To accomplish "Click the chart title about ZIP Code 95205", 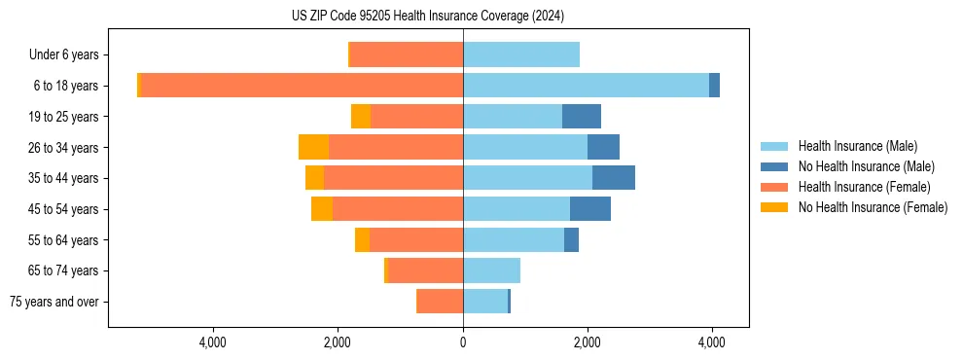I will (x=427, y=17).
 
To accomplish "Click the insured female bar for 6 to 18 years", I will (x=302, y=86).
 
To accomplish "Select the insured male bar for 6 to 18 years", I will (x=586, y=86).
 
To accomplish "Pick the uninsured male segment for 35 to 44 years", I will (x=613, y=178).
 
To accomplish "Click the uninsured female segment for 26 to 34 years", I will (x=313, y=147).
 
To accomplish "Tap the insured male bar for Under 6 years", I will (x=520, y=55).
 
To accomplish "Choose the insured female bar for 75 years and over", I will (x=440, y=302).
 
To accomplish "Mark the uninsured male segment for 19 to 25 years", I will (x=581, y=117).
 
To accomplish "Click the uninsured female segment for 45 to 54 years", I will (x=322, y=209).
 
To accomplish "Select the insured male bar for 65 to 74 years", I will (x=491, y=270).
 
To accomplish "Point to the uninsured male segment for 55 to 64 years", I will (x=571, y=239).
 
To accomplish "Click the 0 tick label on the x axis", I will (x=463, y=342).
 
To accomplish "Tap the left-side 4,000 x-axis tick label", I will (x=212, y=342).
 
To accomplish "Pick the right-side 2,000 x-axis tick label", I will (x=587, y=342).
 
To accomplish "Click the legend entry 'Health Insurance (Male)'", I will (x=857, y=146).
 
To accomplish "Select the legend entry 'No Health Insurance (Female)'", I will (x=872, y=207).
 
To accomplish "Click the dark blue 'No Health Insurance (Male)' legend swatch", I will (x=774, y=166).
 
